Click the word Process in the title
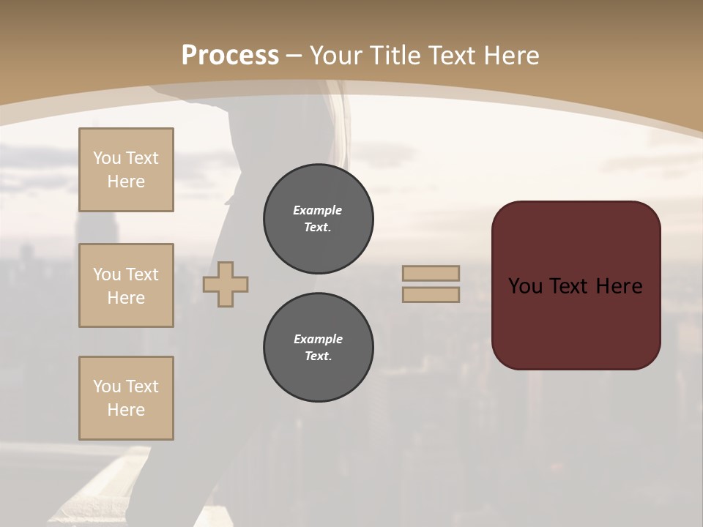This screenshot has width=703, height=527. click(230, 56)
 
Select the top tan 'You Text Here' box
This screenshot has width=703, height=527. click(126, 170)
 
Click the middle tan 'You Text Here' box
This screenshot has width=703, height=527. click(126, 285)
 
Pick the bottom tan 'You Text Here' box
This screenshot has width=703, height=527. click(126, 398)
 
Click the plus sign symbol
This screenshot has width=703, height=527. click(226, 285)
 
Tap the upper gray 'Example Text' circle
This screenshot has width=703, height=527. click(319, 219)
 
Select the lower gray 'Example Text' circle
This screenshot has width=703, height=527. click(319, 348)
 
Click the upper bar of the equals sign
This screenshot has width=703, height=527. click(431, 273)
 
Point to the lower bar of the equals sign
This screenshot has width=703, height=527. click(431, 295)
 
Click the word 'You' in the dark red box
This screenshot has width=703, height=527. click(525, 286)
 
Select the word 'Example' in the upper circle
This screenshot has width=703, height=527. click(318, 210)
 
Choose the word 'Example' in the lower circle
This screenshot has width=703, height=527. click(318, 339)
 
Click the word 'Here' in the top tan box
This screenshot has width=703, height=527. click(126, 182)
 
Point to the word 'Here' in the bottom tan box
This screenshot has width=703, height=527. click(126, 410)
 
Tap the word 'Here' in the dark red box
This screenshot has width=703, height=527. click(619, 286)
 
